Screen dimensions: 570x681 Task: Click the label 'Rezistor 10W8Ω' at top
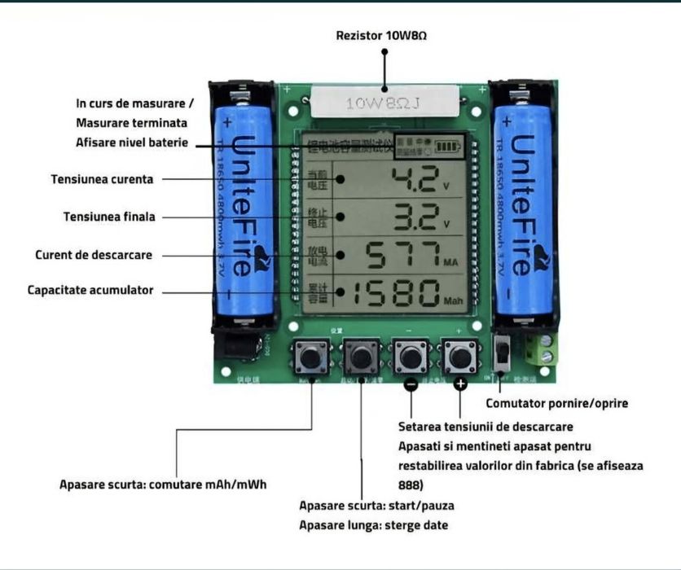381,36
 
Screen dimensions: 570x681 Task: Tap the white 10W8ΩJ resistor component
383,103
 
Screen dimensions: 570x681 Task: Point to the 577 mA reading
402,255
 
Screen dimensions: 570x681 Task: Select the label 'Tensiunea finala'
109,217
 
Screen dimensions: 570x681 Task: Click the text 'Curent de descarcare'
94,255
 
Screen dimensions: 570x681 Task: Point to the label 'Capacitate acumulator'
90,290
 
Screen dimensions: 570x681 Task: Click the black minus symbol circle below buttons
411,384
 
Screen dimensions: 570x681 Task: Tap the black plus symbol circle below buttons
460,384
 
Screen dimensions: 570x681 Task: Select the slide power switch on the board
503,353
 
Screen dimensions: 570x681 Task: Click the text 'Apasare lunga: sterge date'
373,525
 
